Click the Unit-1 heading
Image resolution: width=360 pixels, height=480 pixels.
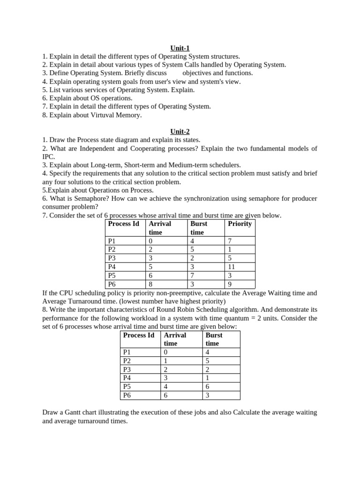(180, 48)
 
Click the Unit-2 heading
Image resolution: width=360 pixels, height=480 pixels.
(180, 132)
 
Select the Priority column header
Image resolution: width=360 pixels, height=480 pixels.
(240, 224)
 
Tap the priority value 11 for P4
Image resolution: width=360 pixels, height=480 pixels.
(232, 267)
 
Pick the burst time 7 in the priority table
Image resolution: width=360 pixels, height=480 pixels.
(192, 276)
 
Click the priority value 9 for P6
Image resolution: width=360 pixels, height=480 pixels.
(230, 284)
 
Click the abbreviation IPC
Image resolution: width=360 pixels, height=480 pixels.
(48, 157)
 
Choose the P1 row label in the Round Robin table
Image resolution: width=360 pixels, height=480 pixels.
(127, 352)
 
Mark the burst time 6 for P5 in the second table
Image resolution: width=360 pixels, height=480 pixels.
(208, 387)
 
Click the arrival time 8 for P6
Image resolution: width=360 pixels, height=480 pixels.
(150, 284)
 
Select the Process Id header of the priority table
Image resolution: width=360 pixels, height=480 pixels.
(123, 224)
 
